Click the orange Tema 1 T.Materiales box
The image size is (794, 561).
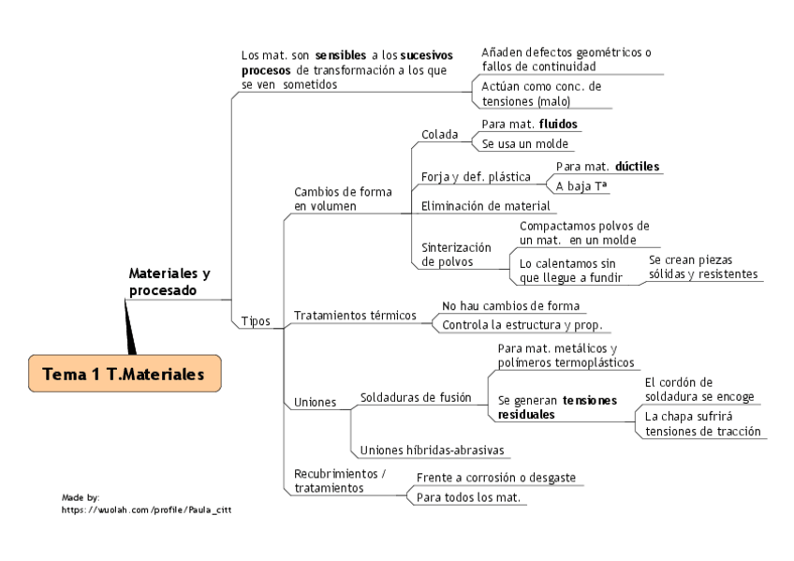click(x=125, y=374)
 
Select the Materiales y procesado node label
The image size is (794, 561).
click(x=169, y=282)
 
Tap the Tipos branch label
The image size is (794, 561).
click(x=256, y=320)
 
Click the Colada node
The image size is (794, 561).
click(x=439, y=134)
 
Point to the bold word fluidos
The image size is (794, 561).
click(x=558, y=123)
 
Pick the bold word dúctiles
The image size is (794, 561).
click(x=637, y=166)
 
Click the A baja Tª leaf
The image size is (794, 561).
click(x=581, y=185)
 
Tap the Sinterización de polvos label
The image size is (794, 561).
click(x=457, y=255)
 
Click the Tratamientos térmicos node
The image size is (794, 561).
click(x=355, y=315)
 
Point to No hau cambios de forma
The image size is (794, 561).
click(x=510, y=305)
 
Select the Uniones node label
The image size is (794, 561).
click(x=315, y=402)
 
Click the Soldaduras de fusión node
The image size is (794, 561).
click(x=416, y=397)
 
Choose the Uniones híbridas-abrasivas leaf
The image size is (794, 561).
click(x=432, y=450)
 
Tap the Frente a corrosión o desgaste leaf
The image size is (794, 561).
click(x=495, y=478)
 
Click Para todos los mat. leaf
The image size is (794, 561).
click(x=467, y=497)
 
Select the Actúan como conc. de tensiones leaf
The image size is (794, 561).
click(x=541, y=94)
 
